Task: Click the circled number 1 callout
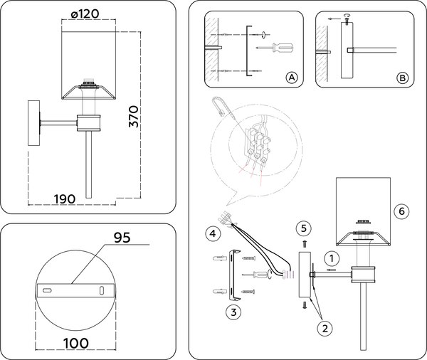pos(331,256)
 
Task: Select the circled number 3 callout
pos(233,311)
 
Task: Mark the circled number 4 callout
pos(211,233)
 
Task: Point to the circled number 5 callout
pos(304,228)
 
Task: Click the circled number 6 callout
pos(402,211)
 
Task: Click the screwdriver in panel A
pos(280,48)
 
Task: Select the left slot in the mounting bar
pos(47,291)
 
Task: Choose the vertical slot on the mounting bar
pos(102,290)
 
